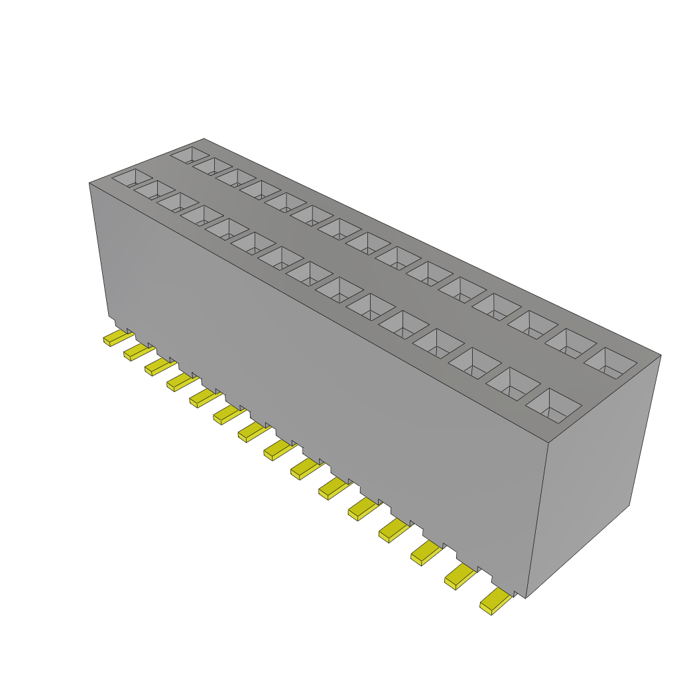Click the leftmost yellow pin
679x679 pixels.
(x=115, y=339)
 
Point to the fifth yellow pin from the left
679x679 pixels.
(x=202, y=398)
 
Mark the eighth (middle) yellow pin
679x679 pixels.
(x=276, y=452)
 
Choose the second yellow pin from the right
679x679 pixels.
(x=458, y=577)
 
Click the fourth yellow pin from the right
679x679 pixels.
(x=392, y=529)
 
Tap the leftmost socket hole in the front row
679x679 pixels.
(x=132, y=177)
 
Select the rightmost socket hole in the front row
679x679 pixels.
(x=554, y=405)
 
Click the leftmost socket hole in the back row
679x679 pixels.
(x=190, y=155)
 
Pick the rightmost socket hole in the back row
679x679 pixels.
(x=610, y=361)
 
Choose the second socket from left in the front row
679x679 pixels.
(x=154, y=190)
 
